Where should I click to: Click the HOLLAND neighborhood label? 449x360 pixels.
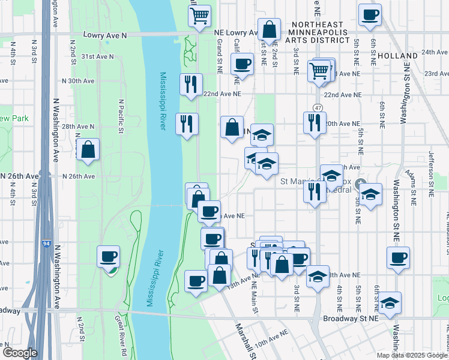click(398, 56)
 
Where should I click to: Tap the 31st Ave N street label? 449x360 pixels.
click(97, 56)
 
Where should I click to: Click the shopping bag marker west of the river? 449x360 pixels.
click(88, 150)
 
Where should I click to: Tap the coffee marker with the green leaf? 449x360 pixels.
click(109, 257)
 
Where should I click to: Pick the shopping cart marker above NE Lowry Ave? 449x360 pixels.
click(199, 16)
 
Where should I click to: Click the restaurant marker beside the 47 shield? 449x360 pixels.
click(315, 124)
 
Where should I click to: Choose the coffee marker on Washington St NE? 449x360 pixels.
click(398, 258)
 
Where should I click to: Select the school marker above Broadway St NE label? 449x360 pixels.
click(390, 303)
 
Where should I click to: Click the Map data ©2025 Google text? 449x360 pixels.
click(412, 355)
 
